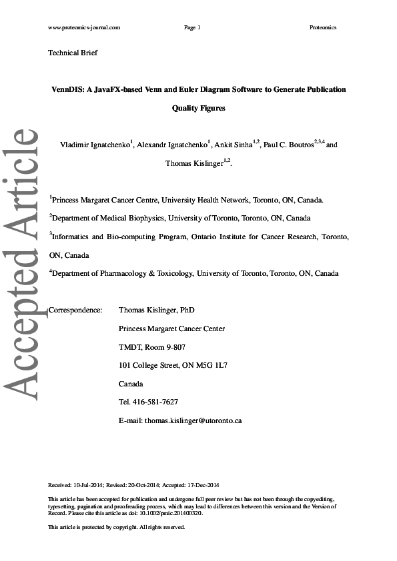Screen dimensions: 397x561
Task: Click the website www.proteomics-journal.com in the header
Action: click(84, 27)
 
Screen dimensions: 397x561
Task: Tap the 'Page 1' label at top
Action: click(191, 27)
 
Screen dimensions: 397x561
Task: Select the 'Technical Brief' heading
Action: click(73, 52)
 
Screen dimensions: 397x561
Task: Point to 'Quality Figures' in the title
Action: click(199, 107)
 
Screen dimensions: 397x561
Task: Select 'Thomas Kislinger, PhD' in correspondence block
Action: click(156, 310)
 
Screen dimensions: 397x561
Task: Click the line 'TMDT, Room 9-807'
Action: click(151, 347)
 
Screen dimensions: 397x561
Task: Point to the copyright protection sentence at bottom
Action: click(117, 527)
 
